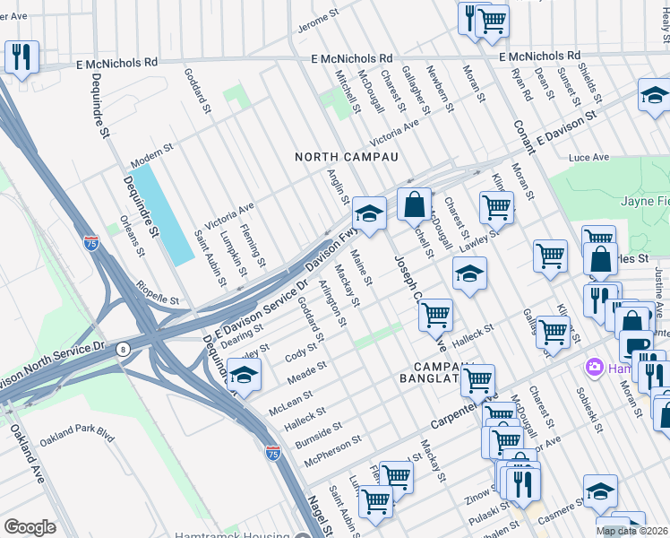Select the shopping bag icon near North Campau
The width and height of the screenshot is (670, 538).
(x=414, y=204)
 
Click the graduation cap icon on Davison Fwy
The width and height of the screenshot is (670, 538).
(x=368, y=213)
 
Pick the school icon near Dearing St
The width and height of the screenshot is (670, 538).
(x=244, y=375)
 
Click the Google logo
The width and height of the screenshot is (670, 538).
(x=30, y=526)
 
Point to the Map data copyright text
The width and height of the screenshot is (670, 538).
(x=631, y=531)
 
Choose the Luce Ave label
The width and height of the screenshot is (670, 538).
(x=588, y=158)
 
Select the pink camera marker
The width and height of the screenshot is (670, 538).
(x=592, y=367)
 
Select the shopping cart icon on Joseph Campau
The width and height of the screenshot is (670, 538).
(x=435, y=315)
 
